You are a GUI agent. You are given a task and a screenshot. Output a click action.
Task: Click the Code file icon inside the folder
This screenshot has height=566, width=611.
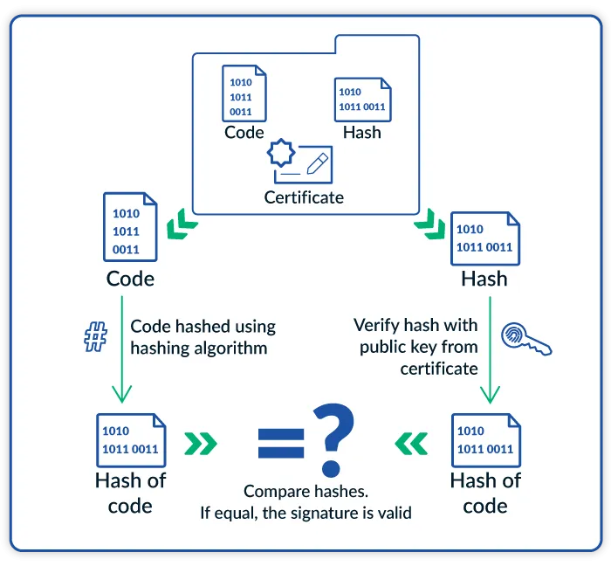(x=244, y=93)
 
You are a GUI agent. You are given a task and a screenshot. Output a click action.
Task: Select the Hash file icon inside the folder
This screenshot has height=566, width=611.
(x=362, y=99)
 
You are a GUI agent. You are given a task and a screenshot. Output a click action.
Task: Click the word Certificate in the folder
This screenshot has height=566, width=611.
(x=304, y=197)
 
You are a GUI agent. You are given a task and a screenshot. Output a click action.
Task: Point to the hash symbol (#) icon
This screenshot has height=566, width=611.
(x=94, y=337)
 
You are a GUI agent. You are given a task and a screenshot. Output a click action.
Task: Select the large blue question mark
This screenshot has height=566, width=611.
(x=334, y=435)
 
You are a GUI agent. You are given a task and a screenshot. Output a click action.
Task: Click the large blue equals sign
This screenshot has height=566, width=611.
(x=280, y=443)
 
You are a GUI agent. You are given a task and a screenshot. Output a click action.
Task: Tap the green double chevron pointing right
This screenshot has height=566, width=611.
(x=201, y=444)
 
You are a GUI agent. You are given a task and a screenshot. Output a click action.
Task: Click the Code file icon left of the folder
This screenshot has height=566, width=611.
(x=130, y=227)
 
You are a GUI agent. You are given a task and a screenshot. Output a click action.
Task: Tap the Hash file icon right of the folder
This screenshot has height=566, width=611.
(x=484, y=237)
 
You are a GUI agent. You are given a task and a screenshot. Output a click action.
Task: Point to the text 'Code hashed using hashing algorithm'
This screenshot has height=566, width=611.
(x=203, y=337)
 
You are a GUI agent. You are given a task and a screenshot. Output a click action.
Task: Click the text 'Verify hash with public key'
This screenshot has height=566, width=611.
(x=415, y=336)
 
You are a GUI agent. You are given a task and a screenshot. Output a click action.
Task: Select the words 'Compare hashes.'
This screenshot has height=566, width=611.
(x=304, y=491)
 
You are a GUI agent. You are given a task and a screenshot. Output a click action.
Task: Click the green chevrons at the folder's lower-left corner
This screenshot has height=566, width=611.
(x=184, y=224)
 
